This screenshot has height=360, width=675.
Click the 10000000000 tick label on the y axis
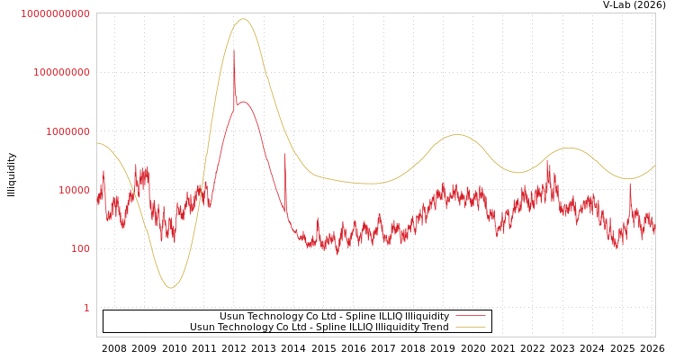click(55, 13)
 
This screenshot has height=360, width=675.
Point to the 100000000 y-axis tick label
click(61, 72)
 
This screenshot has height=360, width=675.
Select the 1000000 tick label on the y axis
click(67, 131)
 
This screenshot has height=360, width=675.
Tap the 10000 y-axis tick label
click(74, 190)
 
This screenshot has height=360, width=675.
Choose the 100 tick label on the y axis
click(80, 248)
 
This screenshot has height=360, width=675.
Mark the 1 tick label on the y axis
click(86, 308)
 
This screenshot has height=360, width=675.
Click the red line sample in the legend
click(470, 316)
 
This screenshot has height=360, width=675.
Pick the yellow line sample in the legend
click(470, 327)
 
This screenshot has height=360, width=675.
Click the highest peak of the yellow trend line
click(243, 19)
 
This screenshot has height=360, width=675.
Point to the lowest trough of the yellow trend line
click(170, 288)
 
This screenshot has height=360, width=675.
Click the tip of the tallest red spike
click(234, 50)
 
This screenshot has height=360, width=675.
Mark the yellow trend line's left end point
click(97, 142)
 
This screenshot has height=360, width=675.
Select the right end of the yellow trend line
click(654, 165)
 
